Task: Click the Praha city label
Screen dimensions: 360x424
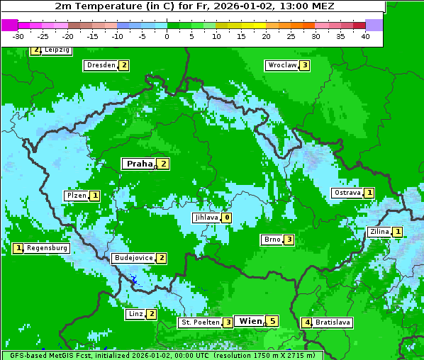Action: tap(139, 164)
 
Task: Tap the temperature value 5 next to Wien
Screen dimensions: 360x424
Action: tap(272, 321)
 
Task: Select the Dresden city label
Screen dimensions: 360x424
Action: tap(100, 65)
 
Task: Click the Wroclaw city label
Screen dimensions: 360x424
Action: tap(281, 65)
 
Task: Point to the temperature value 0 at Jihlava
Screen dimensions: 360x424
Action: tap(226, 218)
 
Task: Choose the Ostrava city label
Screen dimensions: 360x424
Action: tap(347, 193)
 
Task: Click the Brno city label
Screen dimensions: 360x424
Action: tap(272, 240)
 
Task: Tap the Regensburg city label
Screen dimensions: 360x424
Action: tap(48, 248)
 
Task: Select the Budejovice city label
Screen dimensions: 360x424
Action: tap(133, 258)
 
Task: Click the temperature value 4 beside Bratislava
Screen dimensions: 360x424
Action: tap(306, 322)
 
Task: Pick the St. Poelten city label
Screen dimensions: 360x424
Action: tap(199, 322)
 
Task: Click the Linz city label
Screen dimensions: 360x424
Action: tap(135, 314)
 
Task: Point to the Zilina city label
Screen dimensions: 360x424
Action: tap(379, 232)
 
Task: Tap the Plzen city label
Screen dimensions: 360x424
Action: tap(76, 195)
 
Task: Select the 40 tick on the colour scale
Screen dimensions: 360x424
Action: tap(365, 36)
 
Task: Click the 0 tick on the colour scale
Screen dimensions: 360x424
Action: tap(167, 36)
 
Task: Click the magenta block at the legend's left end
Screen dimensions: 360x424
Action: tap(9, 25)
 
